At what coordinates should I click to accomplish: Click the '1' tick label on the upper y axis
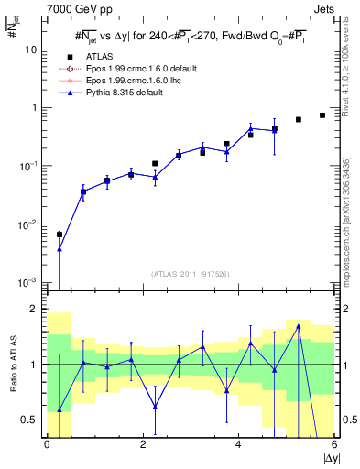[x=36, y=108]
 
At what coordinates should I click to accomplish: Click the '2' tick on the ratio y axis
[x=36, y=309]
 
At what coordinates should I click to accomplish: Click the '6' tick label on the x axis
[x=334, y=444]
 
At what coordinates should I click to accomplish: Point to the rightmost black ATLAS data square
[x=322, y=115]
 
